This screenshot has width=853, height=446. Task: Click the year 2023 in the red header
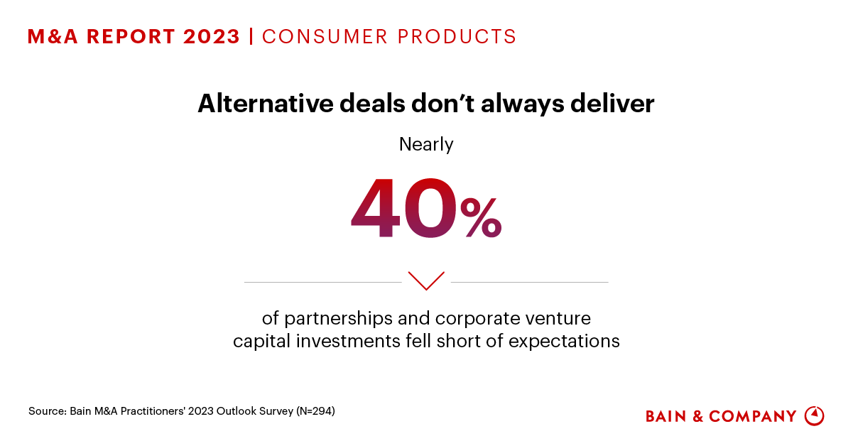point(212,36)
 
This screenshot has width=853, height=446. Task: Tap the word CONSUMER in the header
point(325,36)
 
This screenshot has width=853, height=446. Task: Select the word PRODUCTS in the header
point(457,36)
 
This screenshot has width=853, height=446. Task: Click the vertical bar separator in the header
point(251,36)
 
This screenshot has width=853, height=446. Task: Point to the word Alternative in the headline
point(266,104)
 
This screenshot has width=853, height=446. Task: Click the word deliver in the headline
point(612,104)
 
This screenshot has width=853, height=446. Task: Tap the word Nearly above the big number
point(426,145)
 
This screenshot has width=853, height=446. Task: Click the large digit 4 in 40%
point(376,208)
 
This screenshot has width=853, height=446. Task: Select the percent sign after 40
point(481,217)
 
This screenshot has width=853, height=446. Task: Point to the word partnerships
point(339,319)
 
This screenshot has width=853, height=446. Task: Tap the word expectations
point(564,342)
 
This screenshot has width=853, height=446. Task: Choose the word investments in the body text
point(348,340)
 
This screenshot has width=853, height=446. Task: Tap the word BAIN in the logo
point(666,416)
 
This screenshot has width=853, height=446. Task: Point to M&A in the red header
point(53,36)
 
